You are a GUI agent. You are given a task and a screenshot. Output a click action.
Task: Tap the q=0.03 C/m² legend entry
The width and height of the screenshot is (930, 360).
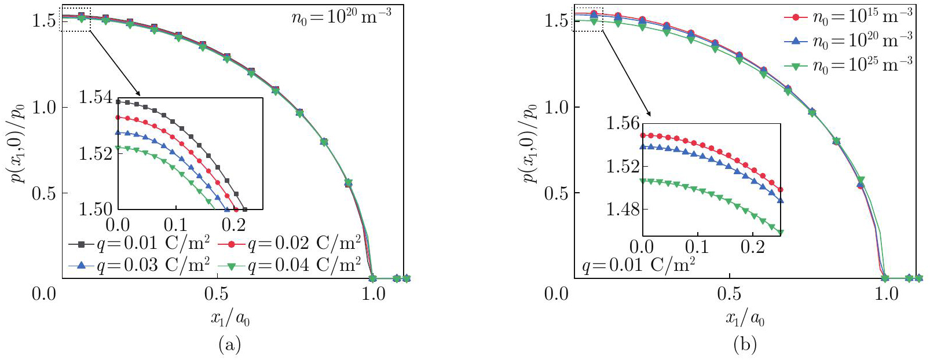click(139, 266)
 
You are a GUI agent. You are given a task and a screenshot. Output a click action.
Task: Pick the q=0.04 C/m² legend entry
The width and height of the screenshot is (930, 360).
click(290, 266)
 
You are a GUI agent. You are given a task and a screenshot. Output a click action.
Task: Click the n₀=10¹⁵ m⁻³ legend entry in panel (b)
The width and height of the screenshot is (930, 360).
click(848, 17)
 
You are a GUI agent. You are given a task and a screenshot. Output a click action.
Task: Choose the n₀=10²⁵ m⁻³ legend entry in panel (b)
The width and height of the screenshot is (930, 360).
click(848, 65)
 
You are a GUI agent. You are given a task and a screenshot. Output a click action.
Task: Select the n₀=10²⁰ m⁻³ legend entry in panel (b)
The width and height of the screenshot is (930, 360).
click(848, 41)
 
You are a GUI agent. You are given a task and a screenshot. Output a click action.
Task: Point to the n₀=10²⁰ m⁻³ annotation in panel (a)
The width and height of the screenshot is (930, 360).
click(341, 17)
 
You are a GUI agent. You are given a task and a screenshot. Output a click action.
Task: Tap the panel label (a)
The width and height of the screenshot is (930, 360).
click(229, 346)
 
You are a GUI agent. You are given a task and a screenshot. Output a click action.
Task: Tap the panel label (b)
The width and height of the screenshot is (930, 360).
click(745, 346)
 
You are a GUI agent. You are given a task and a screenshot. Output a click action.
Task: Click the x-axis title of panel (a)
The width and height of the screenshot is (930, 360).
click(230, 318)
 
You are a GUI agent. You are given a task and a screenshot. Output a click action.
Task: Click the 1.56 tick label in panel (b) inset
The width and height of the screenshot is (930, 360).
click(623, 123)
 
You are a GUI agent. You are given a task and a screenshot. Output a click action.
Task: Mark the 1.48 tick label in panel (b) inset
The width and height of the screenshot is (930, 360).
click(623, 209)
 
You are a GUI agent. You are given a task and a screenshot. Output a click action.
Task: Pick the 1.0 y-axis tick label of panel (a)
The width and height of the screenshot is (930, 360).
click(44, 108)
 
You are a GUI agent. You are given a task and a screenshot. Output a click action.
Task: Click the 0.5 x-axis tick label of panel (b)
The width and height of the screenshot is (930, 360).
click(729, 294)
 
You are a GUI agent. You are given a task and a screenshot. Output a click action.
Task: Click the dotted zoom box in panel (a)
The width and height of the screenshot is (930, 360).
click(75, 20)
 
